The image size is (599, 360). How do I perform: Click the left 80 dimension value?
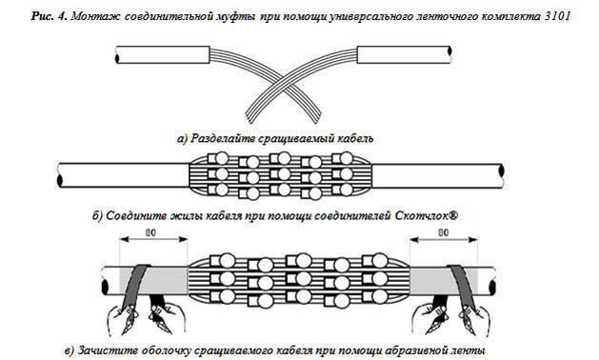pyautogui.click(x=150, y=232)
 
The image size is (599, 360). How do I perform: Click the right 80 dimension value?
pyautogui.click(x=443, y=232)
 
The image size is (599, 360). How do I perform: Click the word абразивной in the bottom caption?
pyautogui.click(x=415, y=350)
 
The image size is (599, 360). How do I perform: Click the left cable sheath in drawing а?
pyautogui.click(x=162, y=54)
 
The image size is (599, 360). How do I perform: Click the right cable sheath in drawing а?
pyautogui.click(x=404, y=54)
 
